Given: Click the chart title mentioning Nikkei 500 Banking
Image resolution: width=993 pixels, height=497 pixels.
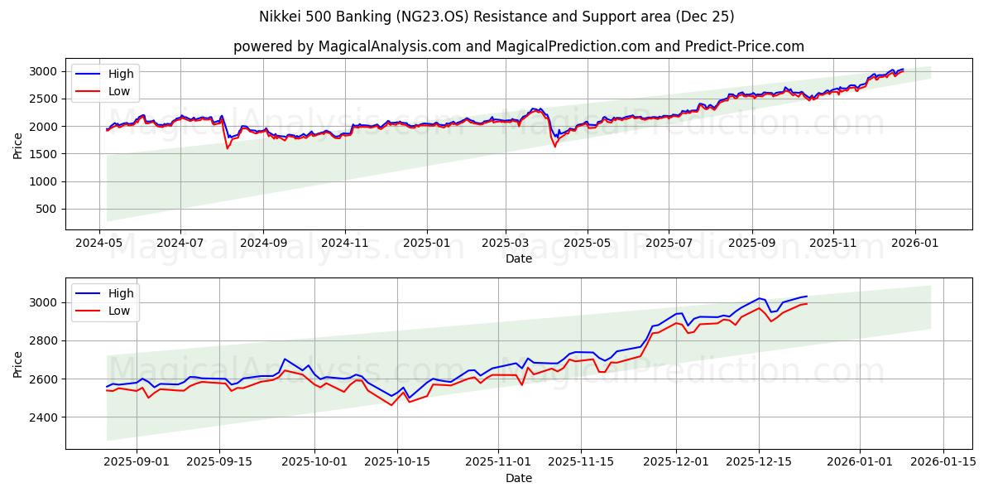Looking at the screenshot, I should [496, 17].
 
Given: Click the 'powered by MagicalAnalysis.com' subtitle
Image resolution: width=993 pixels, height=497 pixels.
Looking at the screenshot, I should [518, 46].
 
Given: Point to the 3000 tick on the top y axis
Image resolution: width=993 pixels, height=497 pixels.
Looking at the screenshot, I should [45, 71].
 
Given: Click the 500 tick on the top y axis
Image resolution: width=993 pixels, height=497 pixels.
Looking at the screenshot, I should [48, 209].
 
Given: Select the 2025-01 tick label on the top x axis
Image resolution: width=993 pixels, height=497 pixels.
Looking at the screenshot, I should [427, 244].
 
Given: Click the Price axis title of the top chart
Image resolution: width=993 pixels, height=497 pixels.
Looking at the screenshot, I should [18, 145].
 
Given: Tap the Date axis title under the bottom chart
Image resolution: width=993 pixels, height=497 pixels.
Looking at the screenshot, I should [518, 478].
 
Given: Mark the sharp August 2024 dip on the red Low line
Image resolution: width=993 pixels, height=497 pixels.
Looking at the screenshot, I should [228, 148].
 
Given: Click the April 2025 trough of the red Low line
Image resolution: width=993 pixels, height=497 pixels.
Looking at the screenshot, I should [554, 147].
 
